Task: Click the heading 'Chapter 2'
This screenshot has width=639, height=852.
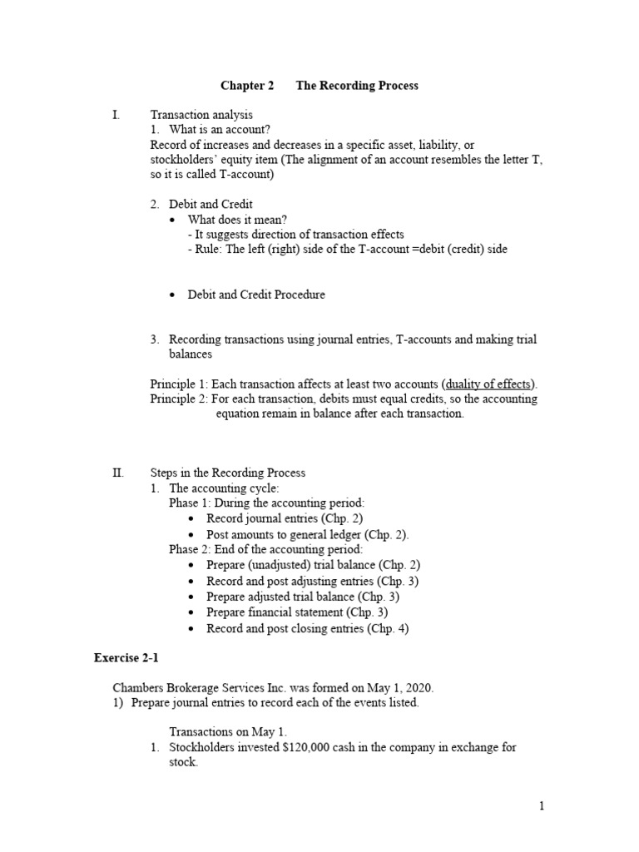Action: coord(247,86)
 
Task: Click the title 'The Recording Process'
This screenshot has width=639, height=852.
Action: coord(357,86)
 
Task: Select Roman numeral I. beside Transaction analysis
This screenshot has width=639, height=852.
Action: coord(117,115)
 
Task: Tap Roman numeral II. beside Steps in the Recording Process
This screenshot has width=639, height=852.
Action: coord(118,473)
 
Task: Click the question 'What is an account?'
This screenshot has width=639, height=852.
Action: coord(219,130)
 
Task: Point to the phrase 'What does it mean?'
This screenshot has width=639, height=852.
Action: coord(238,220)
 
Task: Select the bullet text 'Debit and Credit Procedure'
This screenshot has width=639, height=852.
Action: coord(256,295)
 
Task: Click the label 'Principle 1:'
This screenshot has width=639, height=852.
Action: coord(179,384)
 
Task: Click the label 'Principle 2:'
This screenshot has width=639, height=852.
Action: coord(179,399)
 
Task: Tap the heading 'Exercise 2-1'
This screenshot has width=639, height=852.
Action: coord(126,658)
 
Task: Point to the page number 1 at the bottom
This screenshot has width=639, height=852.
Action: coord(541,805)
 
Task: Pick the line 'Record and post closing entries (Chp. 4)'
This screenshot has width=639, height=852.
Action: coord(308,628)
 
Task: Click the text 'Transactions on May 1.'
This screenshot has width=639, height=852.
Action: coord(228,732)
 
